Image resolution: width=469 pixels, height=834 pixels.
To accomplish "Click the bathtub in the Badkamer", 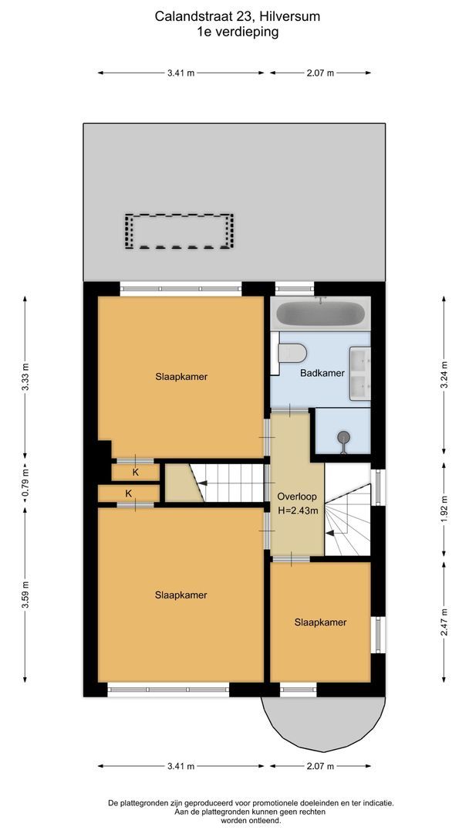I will (x=320, y=314).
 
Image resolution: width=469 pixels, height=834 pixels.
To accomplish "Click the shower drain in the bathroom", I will (x=343, y=439).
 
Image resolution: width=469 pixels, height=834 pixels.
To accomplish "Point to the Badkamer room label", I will (x=322, y=373).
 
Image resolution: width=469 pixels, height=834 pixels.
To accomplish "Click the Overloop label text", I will (x=297, y=497).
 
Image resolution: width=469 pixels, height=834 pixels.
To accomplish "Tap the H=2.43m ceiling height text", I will (x=297, y=510).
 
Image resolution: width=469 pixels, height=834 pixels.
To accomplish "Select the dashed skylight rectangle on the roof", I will (x=179, y=231).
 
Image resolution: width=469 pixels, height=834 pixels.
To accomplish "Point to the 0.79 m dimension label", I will (x=25, y=483).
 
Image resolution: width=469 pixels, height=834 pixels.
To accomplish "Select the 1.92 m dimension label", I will (x=444, y=510).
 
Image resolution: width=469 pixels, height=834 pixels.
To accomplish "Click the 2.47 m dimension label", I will (x=444, y=622).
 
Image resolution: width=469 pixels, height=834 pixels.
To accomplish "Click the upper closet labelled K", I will (x=135, y=472).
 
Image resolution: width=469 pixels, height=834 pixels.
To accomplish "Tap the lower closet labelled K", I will (x=128, y=493).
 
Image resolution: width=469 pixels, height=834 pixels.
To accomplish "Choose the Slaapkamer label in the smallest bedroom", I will (x=320, y=622).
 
